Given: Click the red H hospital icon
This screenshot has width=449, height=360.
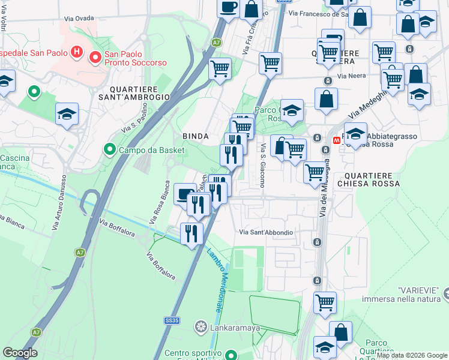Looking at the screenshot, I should pyautogui.click(x=76, y=52).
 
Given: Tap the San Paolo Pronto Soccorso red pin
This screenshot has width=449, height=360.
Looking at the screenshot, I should pyautogui.click(x=95, y=58).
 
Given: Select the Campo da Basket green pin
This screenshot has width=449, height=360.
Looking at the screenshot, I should pyautogui.click(x=109, y=149).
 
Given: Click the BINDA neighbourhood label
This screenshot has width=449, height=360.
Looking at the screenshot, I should pyautogui.click(x=195, y=136).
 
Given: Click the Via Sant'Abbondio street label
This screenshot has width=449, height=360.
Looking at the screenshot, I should pyautogui.click(x=266, y=232).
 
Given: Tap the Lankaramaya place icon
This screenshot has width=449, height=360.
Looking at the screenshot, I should pyautogui.click(x=200, y=328).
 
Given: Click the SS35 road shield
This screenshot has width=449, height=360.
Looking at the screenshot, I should pyautogui.click(x=172, y=321).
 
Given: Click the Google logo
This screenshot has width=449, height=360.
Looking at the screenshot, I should pyautogui.click(x=20, y=353).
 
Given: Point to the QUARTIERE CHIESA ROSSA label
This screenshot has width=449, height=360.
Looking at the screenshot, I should pyautogui.click(x=368, y=179).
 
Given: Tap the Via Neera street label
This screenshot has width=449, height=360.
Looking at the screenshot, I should pyautogui.click(x=351, y=76).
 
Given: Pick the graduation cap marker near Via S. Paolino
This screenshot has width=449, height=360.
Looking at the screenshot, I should pyautogui.click(x=67, y=114).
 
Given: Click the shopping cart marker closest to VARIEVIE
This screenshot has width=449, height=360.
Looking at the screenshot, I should pyautogui.click(x=325, y=302).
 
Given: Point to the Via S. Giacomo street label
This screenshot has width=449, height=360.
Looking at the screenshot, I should pyautogui.click(x=262, y=165).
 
